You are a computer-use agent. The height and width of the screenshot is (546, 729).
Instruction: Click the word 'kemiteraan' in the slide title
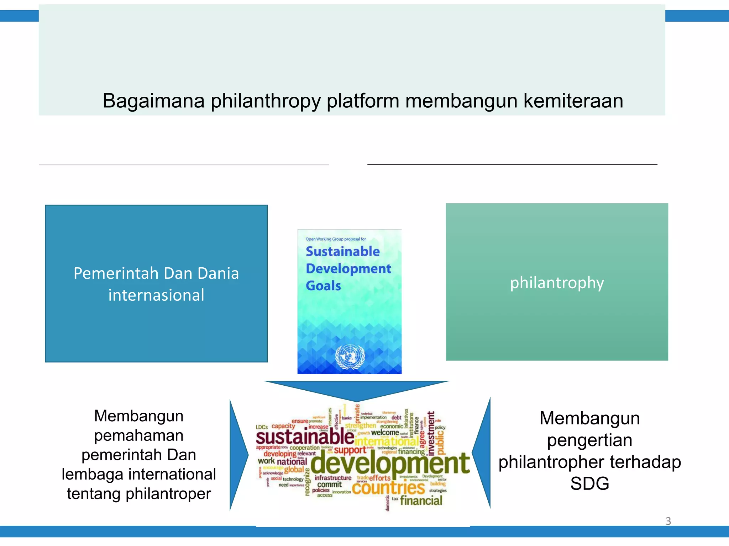click(573, 101)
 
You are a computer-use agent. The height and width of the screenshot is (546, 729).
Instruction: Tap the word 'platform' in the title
click(363, 101)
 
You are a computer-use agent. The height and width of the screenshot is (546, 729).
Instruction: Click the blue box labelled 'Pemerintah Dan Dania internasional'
click(156, 283)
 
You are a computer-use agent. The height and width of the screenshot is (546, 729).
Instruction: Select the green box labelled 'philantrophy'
click(557, 282)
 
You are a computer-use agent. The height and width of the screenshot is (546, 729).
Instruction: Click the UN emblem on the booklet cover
click(350, 357)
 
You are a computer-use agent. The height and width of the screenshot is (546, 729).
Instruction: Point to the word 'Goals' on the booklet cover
click(323, 286)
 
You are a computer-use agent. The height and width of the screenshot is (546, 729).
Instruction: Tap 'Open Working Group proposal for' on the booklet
click(335, 239)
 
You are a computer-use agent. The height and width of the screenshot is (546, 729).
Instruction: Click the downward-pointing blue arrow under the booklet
click(357, 390)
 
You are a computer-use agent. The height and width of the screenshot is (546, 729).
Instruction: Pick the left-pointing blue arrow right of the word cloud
click(482, 453)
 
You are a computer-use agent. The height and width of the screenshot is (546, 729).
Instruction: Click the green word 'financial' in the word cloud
click(421, 500)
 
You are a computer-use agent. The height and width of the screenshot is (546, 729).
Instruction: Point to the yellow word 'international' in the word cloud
click(387, 441)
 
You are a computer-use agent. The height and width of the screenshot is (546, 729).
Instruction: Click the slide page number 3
click(668, 521)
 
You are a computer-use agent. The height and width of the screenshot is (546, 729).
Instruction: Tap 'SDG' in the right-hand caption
click(589, 483)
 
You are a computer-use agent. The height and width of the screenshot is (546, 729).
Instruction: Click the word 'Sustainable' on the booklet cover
click(342, 251)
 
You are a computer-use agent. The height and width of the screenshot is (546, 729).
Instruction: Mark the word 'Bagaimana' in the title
click(153, 101)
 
